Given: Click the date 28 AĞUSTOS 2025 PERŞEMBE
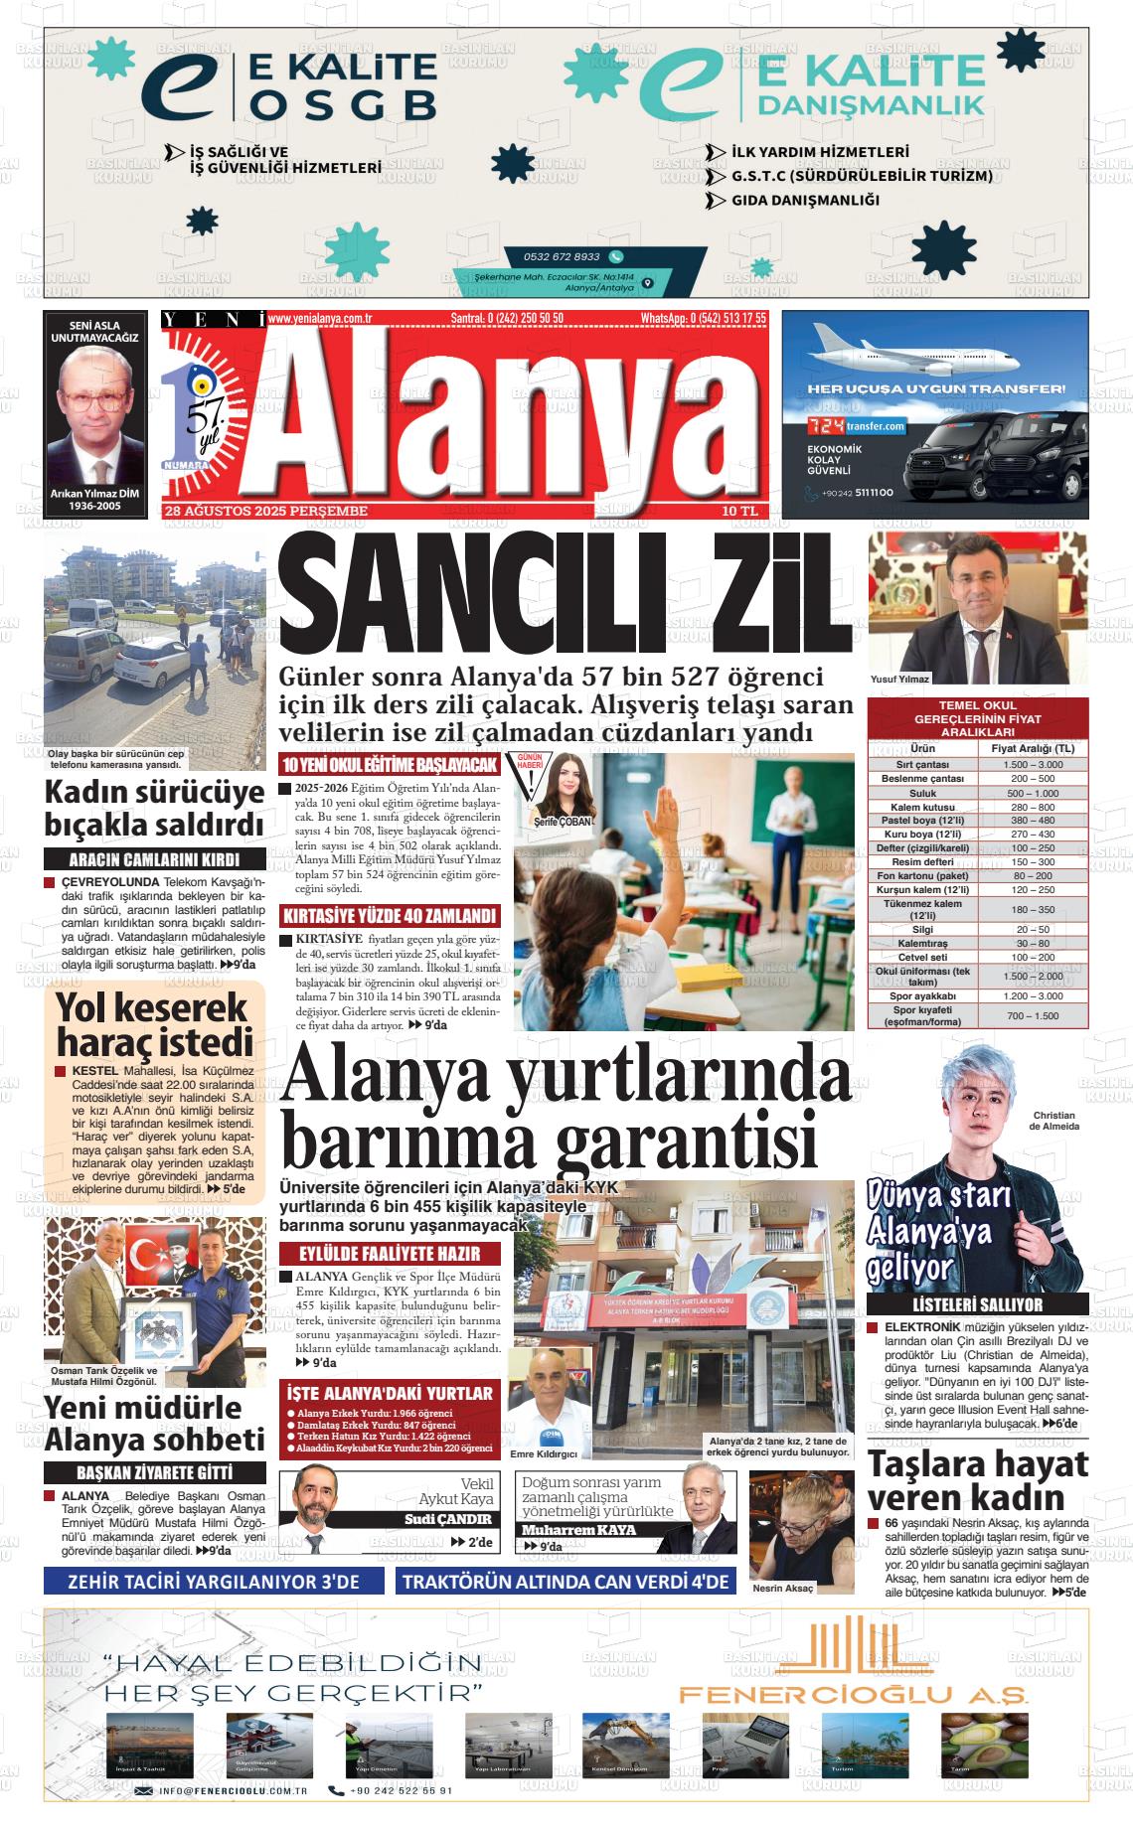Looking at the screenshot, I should click(265, 511).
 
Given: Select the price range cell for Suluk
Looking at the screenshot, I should click(1033, 793).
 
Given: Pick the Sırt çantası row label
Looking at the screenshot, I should click(922, 765).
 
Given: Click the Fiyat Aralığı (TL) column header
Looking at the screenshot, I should click(1033, 748).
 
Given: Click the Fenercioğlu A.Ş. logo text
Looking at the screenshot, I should click(853, 1694).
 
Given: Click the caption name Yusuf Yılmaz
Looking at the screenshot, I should click(900, 680).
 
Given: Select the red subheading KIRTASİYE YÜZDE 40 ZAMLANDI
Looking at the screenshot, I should click(390, 915).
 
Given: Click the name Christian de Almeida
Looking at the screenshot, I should click(1055, 1121).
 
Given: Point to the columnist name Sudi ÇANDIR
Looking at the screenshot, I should click(447, 1520).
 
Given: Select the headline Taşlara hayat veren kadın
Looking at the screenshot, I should click(978, 1479).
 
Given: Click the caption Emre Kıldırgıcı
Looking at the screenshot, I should click(543, 1453).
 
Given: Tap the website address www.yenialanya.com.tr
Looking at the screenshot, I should click(320, 318).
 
